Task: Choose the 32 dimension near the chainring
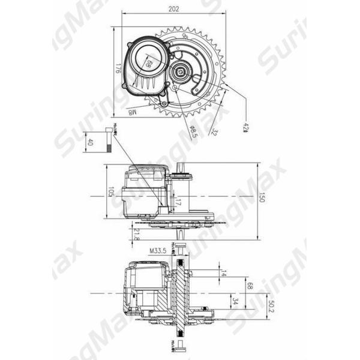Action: (x=213, y=130)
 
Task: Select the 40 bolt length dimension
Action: (x=91, y=143)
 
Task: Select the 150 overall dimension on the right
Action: (x=262, y=197)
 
